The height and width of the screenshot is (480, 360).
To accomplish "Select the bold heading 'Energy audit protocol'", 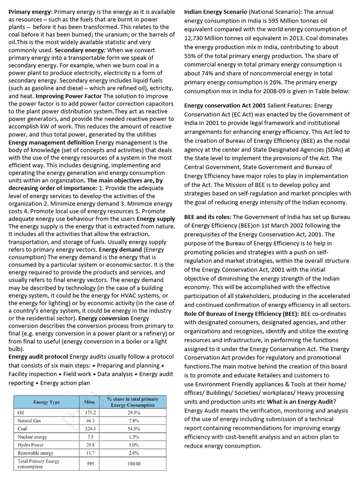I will point(38,357).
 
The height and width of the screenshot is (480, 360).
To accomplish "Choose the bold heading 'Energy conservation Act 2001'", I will point(225,105).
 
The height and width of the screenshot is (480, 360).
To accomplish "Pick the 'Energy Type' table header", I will point(46,402).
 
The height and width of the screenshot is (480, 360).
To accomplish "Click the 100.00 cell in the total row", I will point(134,464).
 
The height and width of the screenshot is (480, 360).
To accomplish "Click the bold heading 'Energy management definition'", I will point(51,142).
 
